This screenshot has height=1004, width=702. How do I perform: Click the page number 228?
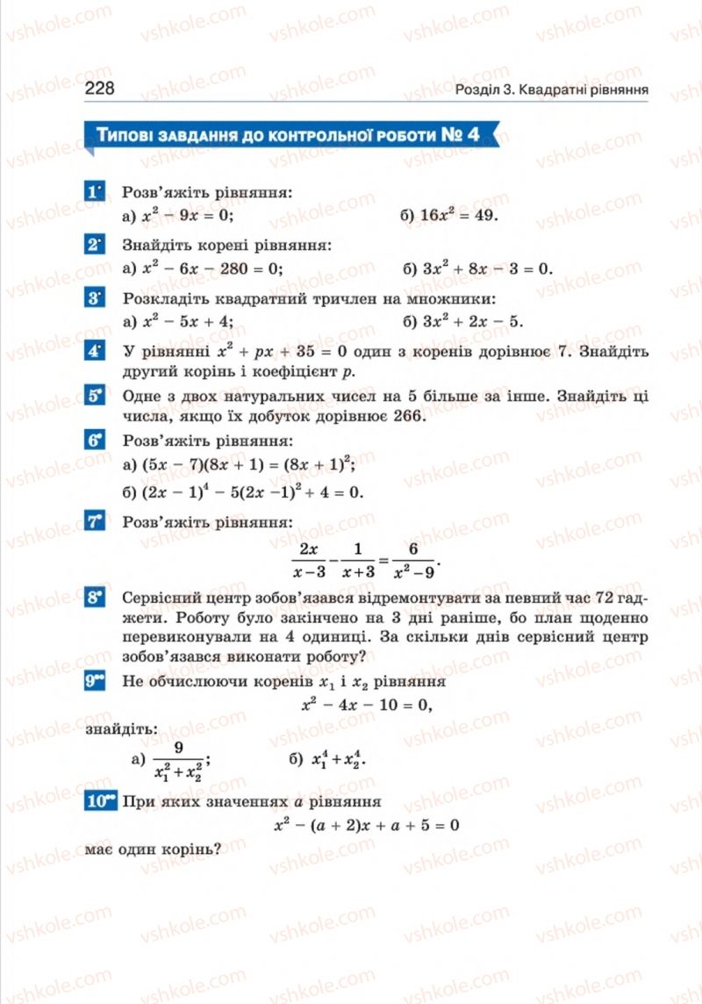[100, 90]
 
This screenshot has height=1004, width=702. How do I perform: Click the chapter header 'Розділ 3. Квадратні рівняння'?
[552, 90]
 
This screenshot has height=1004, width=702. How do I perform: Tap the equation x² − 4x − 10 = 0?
[367, 704]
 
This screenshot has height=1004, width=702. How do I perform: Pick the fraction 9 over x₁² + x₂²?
[179, 760]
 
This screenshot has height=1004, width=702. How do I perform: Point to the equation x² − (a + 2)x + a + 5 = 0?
[367, 825]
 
